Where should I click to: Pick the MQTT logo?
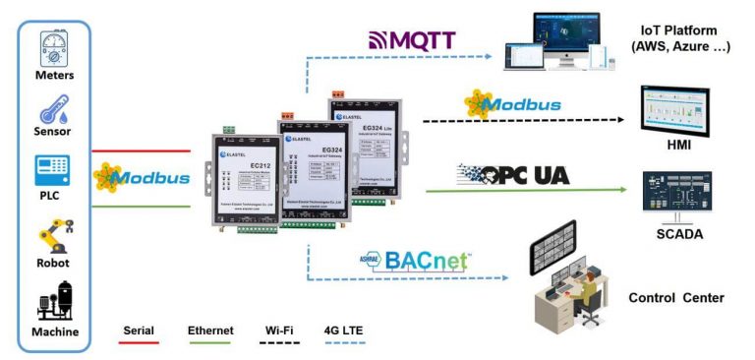pyautogui.click(x=412, y=40)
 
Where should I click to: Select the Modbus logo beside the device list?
pyautogui.click(x=140, y=178)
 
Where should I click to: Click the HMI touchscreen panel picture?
pyautogui.click(x=673, y=109)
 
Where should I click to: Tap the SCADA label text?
pyautogui.click(x=673, y=235)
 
